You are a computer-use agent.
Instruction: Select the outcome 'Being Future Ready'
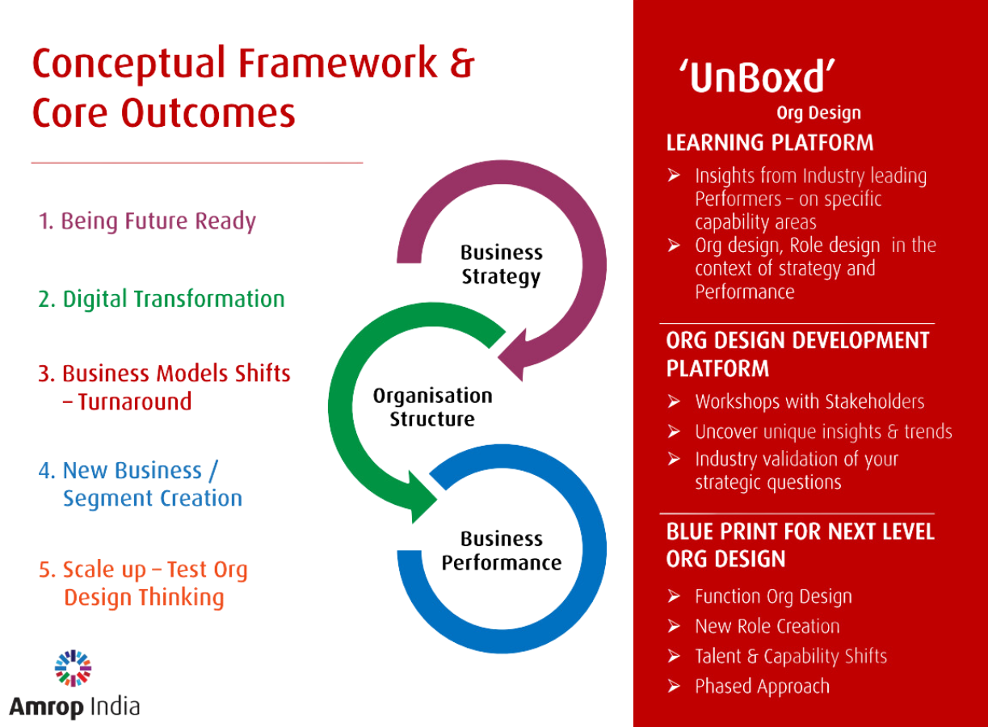pos(147,221)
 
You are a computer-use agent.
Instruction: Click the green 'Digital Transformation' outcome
pos(161,299)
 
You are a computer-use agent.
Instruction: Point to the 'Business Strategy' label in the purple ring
pos(501,264)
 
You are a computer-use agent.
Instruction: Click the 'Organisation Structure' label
pos(432,407)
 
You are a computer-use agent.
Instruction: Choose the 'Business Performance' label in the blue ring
pos(501,550)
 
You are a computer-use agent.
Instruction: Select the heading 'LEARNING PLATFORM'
pos(769,143)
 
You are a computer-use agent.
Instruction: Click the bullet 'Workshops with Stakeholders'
pos(809,401)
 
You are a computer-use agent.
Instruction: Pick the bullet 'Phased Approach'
pos(762,687)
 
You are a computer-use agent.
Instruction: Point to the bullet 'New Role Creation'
pos(767,626)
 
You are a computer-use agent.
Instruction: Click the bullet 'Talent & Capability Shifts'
pos(791,656)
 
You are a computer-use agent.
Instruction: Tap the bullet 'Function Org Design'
pos(773,597)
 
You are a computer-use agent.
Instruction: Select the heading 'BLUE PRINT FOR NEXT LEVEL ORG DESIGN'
pos(800,545)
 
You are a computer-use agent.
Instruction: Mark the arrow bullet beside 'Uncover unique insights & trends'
pos(674,431)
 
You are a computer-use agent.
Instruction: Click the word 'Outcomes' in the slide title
pos(208,113)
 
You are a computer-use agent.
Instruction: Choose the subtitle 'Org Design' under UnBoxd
pos(818,113)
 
